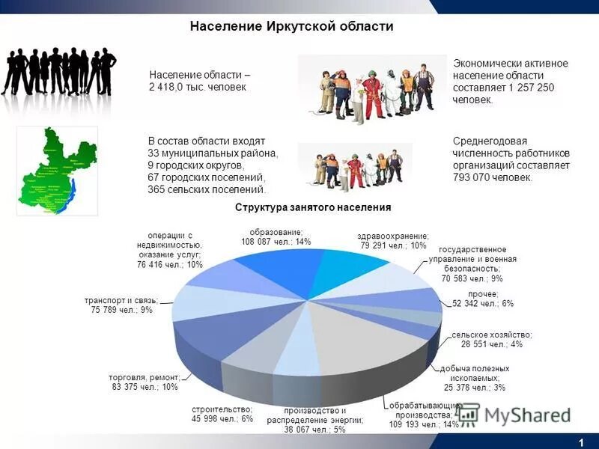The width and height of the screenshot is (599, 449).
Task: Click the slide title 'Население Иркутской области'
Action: [x=292, y=27]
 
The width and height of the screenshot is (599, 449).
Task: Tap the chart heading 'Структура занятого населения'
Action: [x=313, y=207]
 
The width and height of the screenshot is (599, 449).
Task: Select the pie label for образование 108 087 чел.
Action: [x=276, y=236]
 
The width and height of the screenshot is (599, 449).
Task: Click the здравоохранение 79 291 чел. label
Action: [x=393, y=240]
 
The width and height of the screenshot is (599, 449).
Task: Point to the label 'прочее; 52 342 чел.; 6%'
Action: [x=483, y=299]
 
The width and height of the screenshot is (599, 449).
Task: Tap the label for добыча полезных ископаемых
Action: [x=475, y=378]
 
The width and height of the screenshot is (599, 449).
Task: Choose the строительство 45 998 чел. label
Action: [x=222, y=415]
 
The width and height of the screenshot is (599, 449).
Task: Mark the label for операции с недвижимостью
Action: [x=170, y=250]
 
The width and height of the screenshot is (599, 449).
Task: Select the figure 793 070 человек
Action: [x=492, y=177]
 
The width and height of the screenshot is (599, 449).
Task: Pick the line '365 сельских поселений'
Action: [x=207, y=189]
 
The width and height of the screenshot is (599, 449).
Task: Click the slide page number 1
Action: [x=580, y=442]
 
